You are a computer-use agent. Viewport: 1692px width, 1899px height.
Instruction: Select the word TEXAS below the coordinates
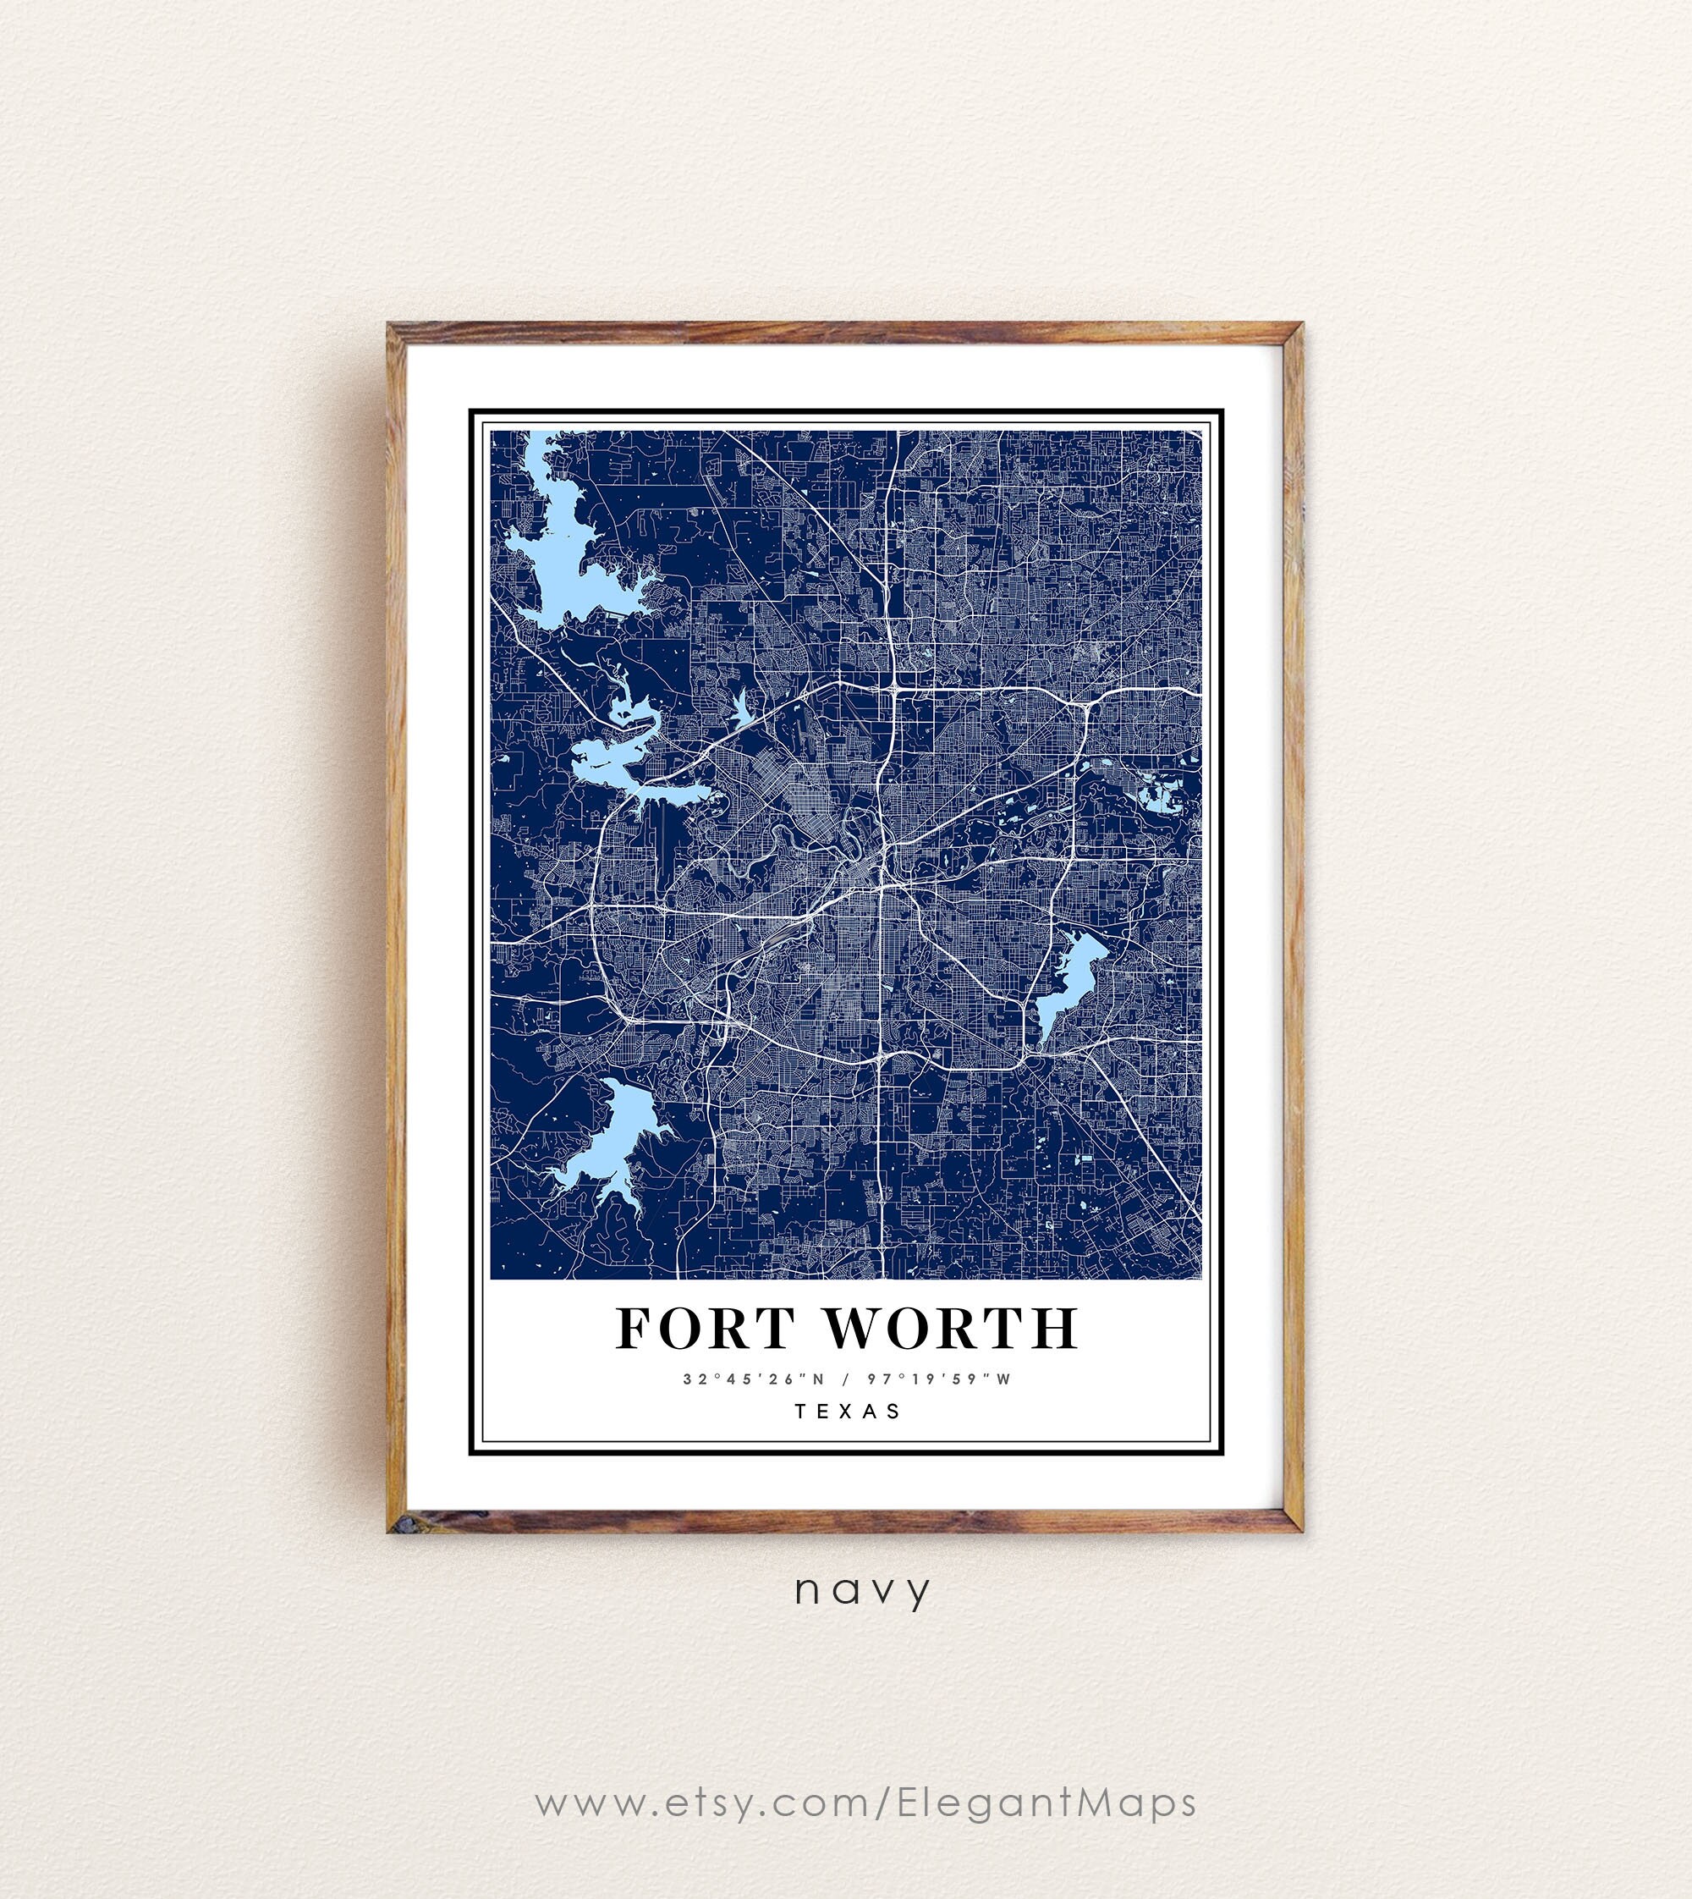(x=847, y=1411)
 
